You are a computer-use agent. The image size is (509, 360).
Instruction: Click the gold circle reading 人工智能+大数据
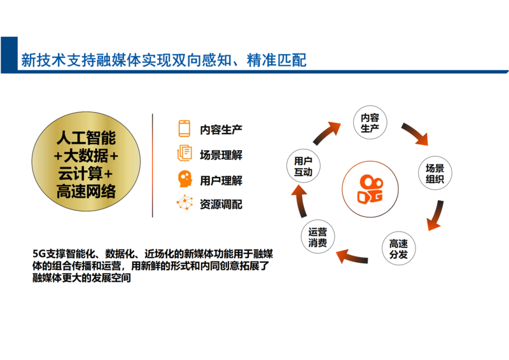[x=86, y=162]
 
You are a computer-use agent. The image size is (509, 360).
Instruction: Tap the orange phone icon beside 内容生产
[x=185, y=128]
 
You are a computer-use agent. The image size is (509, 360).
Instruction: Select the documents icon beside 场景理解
[x=185, y=153]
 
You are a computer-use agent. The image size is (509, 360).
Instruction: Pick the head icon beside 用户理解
[x=185, y=179]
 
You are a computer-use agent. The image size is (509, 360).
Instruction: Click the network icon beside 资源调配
[x=185, y=202]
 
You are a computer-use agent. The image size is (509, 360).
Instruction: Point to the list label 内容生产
[x=221, y=130]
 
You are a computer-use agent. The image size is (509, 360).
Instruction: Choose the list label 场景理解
[x=221, y=155]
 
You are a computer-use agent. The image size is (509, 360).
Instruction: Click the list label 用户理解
[x=221, y=181]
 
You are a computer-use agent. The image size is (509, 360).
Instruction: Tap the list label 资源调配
[x=221, y=205]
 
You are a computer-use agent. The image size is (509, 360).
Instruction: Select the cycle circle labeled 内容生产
[x=370, y=123]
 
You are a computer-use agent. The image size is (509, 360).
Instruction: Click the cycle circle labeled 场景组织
[x=435, y=174]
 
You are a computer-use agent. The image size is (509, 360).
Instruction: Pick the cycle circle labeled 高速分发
[x=399, y=249]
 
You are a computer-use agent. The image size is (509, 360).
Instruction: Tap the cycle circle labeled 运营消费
[x=317, y=237]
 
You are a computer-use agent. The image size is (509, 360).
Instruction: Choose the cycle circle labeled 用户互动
[x=303, y=166]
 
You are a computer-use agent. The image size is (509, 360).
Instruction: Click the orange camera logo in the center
[x=370, y=190]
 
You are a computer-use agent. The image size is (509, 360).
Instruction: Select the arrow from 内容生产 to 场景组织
[x=415, y=133]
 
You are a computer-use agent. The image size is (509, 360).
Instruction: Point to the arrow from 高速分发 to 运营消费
[x=352, y=256]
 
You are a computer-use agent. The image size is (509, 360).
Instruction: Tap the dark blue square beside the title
[x=9, y=55]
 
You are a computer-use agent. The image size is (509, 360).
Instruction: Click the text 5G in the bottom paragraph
[x=39, y=254]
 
